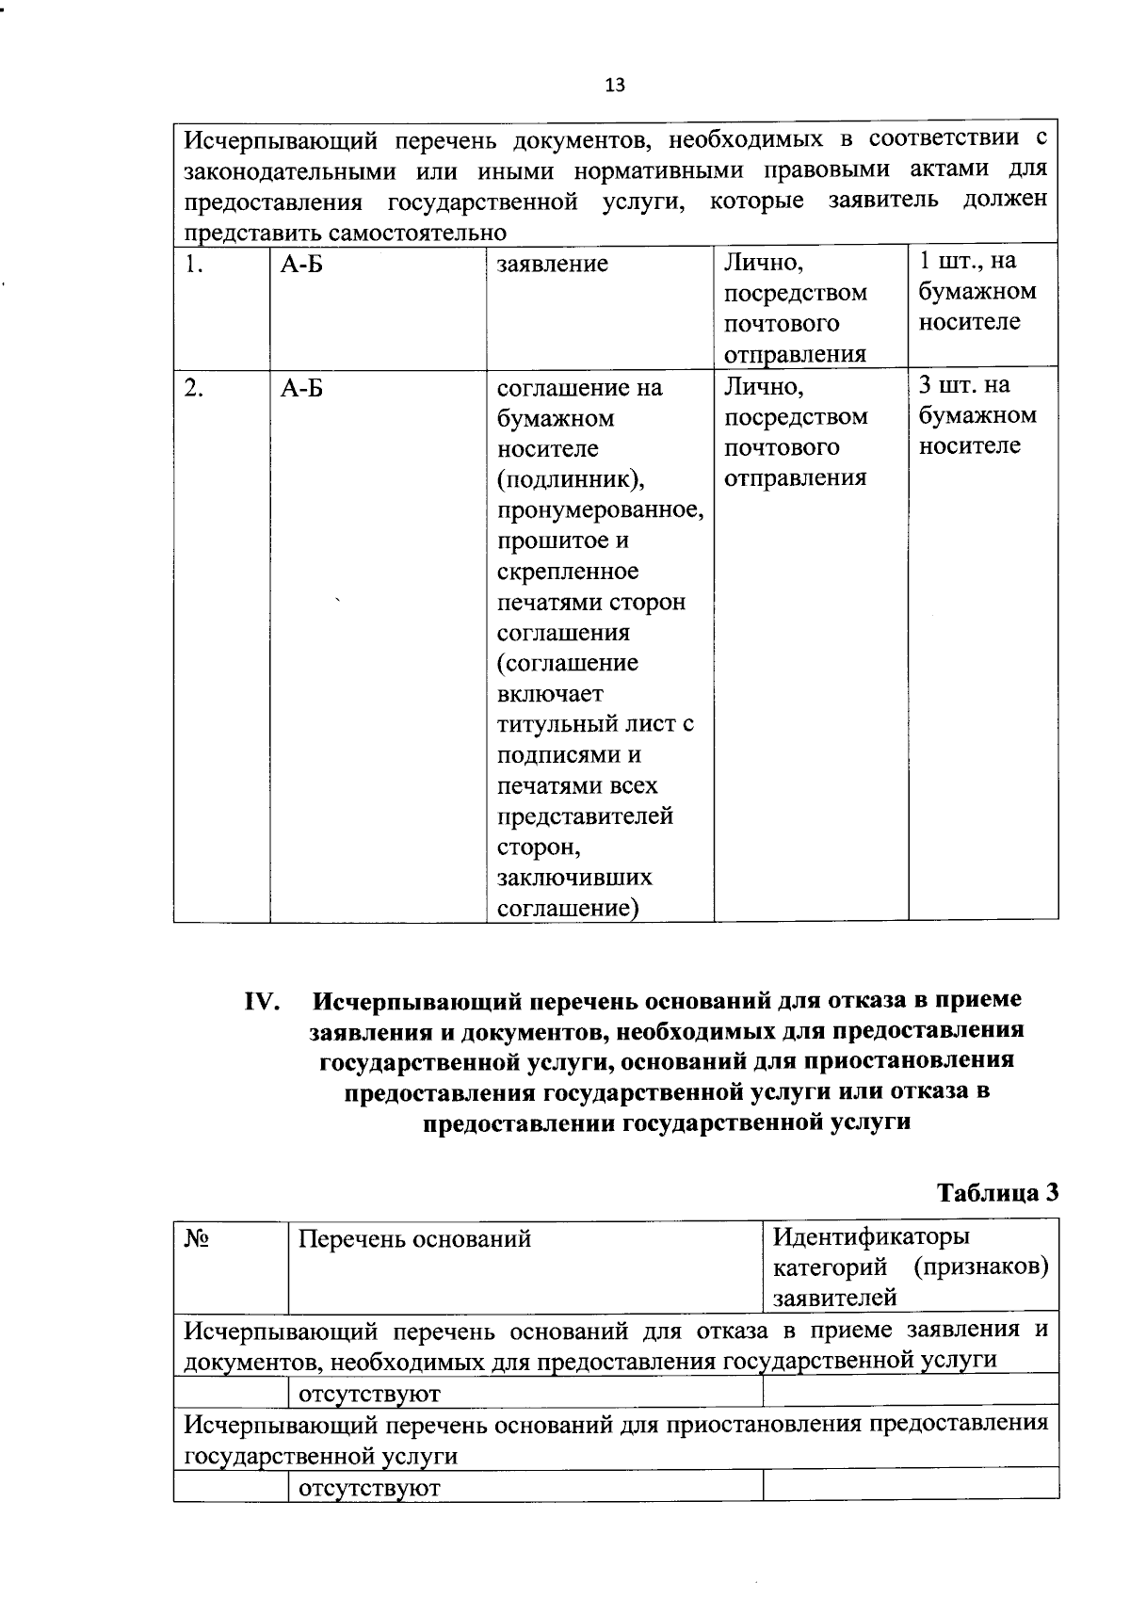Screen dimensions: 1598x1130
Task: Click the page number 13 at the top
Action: coord(614,86)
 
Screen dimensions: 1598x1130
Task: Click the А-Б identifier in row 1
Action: coord(301,264)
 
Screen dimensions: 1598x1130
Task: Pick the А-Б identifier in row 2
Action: coord(301,387)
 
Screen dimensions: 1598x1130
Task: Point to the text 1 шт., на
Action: coord(967,261)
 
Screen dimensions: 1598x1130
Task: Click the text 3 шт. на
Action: coord(964,384)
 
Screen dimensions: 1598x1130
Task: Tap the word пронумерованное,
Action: coord(600,510)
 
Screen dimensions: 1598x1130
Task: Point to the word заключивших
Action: coord(574,878)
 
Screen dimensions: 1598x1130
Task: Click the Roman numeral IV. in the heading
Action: coord(263,1000)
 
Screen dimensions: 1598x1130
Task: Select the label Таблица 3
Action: coord(997,1192)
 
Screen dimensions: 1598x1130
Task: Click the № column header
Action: coord(196,1238)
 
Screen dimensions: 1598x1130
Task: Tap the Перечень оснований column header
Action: coord(414,1238)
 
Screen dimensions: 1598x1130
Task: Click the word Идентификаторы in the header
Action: coord(870,1235)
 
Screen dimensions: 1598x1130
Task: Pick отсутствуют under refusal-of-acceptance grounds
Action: coord(368,1393)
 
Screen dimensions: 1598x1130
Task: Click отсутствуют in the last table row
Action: coord(368,1488)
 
